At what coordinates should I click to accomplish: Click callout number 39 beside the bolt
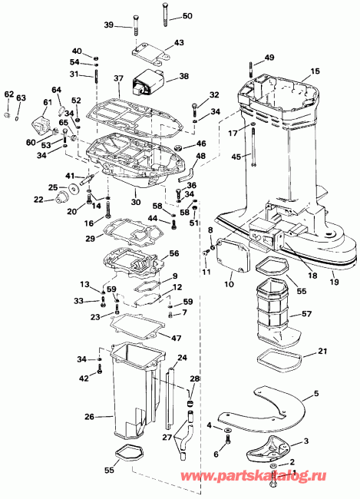click(108, 25)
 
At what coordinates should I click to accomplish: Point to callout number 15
click(315, 71)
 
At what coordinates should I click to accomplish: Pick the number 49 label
click(269, 58)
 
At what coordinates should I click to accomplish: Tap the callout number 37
click(118, 79)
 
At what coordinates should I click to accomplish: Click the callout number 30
click(136, 203)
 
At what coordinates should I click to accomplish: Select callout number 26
click(89, 417)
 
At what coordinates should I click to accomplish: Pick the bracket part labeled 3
click(269, 444)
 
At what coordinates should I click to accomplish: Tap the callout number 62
click(8, 94)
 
